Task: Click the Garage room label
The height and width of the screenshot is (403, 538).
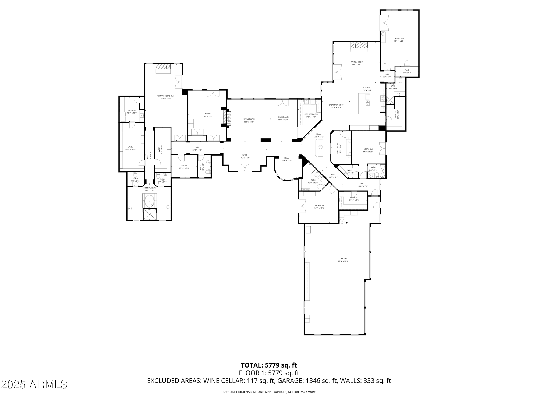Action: click(343, 260)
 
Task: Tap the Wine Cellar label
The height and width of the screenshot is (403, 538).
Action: click(339, 149)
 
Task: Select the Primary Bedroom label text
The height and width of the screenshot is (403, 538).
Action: click(165, 97)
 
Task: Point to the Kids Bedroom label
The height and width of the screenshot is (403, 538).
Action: click(311, 116)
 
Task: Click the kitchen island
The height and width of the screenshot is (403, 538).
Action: click(364, 103)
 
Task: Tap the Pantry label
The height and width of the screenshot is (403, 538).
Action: click(396, 115)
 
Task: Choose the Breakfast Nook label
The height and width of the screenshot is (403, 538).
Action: click(336, 106)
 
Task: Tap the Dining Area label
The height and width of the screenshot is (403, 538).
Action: click(283, 118)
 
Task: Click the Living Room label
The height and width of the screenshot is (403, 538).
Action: click(249, 120)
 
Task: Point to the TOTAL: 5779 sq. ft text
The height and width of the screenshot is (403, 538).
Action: click(269, 365)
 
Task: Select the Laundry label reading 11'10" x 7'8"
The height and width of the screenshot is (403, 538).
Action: click(354, 199)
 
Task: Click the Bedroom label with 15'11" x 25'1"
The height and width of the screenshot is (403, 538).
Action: click(399, 40)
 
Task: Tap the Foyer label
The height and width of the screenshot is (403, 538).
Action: click(245, 156)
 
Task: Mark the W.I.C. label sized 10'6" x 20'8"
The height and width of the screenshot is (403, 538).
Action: click(130, 148)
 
